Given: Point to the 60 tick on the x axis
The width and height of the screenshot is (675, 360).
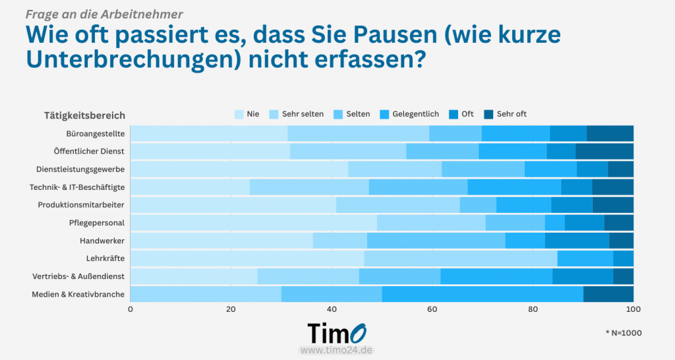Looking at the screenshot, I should (x=432, y=309).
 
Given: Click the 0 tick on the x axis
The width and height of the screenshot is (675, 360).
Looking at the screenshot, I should (x=131, y=309).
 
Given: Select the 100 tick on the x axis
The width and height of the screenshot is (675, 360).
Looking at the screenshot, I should (x=633, y=309).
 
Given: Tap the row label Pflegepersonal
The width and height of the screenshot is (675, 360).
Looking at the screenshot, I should (x=97, y=223).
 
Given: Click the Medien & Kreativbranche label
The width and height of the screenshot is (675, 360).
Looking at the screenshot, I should (x=78, y=294).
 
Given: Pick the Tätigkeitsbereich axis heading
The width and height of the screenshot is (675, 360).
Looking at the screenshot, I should (x=84, y=115).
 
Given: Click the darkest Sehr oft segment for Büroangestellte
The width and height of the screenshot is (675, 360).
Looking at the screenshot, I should (x=610, y=133).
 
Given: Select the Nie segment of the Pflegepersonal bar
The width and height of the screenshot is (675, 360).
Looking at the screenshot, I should (x=253, y=223).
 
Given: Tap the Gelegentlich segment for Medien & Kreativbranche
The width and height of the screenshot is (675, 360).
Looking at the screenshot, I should (x=483, y=294).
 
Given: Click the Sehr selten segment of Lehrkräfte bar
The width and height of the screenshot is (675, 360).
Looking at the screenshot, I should (x=460, y=258).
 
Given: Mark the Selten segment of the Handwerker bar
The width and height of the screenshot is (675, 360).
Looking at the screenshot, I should (x=436, y=241).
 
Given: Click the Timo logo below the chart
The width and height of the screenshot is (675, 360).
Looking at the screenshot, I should (x=337, y=333).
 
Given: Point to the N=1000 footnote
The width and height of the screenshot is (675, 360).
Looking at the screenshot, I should (x=623, y=333).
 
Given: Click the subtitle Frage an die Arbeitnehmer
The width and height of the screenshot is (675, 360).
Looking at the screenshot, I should (x=105, y=13).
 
